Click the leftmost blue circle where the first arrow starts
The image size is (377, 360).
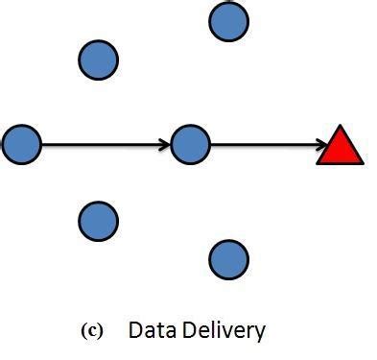coord(21,145)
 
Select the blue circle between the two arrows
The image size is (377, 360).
coord(190,145)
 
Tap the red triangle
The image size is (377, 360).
coord(340,148)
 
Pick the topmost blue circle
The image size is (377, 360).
coord(228,21)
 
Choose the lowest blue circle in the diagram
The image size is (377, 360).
coord(228,258)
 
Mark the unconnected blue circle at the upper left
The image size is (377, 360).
coord(98,60)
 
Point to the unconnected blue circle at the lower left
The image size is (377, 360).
coord(98,221)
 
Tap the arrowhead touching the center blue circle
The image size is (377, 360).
coord(165,146)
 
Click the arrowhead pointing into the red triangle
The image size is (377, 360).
coord(321,146)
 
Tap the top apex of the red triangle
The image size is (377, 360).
coord(340,127)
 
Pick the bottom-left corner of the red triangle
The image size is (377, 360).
coord(318,162)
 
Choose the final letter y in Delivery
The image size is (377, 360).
coord(259,334)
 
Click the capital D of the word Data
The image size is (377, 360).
coord(134,331)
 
